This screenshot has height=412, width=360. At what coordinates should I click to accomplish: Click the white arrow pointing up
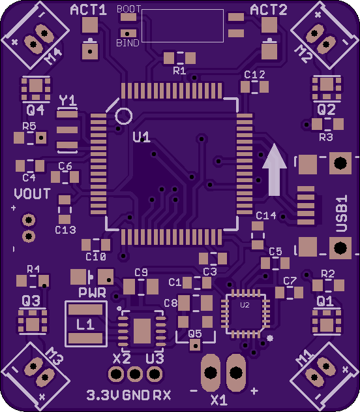point(274,171)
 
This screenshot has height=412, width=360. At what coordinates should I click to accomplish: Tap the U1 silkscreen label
point(142,137)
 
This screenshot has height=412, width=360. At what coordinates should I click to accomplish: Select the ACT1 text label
point(89,10)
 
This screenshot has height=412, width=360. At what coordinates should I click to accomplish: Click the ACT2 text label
point(269,10)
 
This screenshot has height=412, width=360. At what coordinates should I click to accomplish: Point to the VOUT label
point(32,194)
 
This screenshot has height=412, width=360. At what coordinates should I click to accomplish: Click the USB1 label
point(342,213)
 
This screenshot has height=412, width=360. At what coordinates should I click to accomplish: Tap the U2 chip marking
point(245,305)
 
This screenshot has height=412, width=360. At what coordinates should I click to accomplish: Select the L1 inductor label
point(85,325)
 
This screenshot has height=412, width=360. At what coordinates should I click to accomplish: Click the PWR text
point(93,293)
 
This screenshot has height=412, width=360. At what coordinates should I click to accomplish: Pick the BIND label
point(128,43)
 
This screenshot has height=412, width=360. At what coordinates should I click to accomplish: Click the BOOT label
point(128,9)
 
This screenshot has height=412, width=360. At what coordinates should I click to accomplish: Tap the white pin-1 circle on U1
point(123,116)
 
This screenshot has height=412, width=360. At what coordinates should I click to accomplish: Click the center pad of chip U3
point(142,331)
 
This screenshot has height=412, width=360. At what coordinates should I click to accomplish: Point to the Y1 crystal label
point(68,101)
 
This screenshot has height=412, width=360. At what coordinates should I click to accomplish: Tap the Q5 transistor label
point(195,334)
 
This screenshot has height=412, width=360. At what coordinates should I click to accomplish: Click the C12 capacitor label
point(254,75)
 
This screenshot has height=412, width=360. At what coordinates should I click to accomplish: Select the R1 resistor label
point(179,71)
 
